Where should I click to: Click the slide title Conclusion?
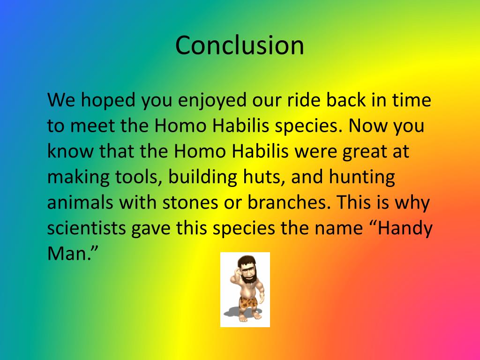[240, 45]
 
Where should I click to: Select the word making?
[78, 178]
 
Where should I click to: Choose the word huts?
[266, 178]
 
